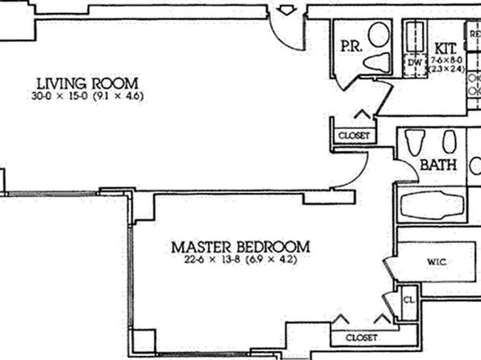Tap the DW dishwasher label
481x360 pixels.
pyautogui.click(x=416, y=61)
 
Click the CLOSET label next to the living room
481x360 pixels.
pyautogui.click(x=353, y=135)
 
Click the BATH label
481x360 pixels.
pyautogui.click(x=439, y=165)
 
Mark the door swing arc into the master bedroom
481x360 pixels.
pyautogui.click(x=355, y=171)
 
